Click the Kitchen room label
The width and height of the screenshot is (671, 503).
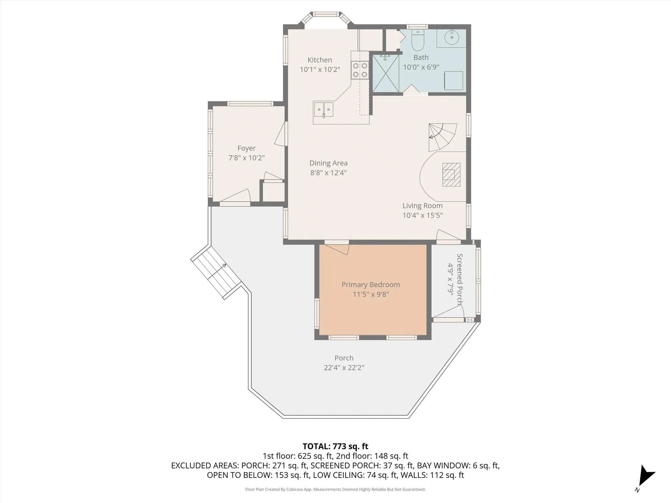point(320,60)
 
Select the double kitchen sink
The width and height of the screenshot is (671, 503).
point(323,109)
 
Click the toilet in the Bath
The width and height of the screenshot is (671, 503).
point(418,40)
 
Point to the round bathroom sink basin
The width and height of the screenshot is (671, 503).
point(452,37)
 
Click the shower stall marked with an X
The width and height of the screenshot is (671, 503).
point(385,73)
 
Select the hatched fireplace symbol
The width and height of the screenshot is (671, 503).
point(451,174)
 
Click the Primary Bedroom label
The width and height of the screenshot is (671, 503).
point(371,285)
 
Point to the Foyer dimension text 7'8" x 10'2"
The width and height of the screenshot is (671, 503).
point(246,158)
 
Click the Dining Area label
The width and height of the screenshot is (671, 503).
point(329,163)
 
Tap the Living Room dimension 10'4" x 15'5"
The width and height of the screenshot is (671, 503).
point(423,215)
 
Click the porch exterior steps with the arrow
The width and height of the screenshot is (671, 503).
point(217,272)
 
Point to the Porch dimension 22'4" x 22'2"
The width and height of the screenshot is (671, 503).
point(344,367)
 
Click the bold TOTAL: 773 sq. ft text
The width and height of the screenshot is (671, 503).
point(335,446)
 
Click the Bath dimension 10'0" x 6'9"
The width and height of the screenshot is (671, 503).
point(421,67)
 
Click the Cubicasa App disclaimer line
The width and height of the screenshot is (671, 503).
point(335,489)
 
